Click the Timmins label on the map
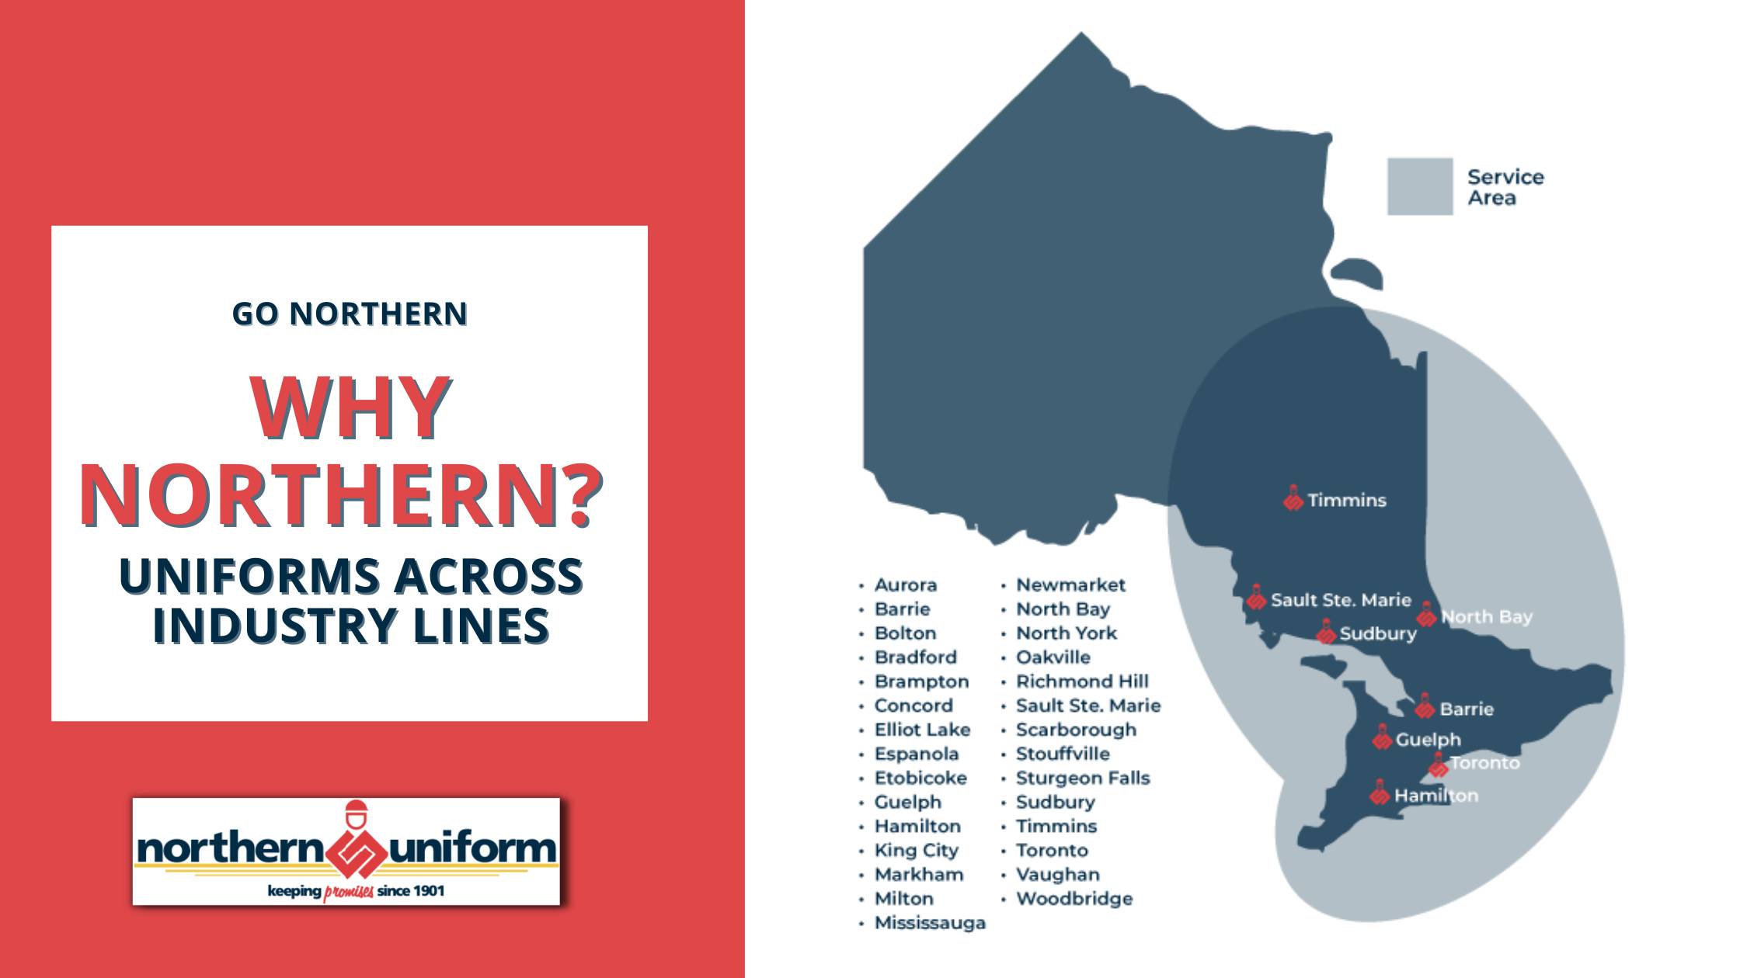(1346, 501)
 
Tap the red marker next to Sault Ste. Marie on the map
(1256, 598)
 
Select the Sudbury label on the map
(1377, 634)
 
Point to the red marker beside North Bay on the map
(1426, 615)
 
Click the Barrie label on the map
(1466, 709)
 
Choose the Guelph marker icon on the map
(1382, 737)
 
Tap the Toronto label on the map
(1484, 763)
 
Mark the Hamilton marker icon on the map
(1380, 793)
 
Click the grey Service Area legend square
(1419, 186)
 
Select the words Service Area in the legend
(1505, 187)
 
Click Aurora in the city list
(905, 585)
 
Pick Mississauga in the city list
(929, 923)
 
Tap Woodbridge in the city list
(1074, 899)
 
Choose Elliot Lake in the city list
(921, 730)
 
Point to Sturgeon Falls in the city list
(1082, 778)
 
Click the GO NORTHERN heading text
(350, 314)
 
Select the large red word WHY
(350, 407)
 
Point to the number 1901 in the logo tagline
(428, 890)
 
